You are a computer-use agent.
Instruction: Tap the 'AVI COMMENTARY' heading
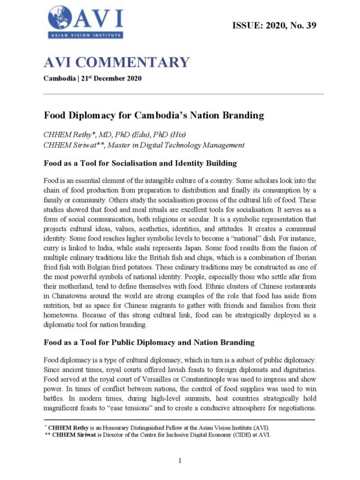point(116,62)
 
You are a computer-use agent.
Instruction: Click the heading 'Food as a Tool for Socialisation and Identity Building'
point(141,163)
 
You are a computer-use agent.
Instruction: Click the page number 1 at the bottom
point(180,460)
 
